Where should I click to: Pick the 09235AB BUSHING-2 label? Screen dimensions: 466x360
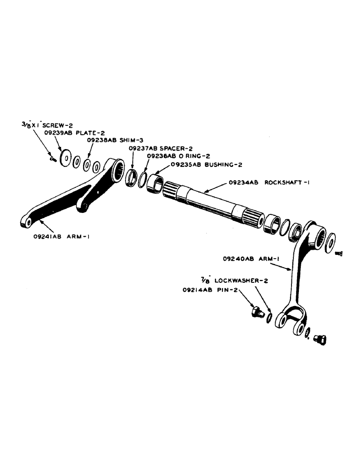(x=199, y=164)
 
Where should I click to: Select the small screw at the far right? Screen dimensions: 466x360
(x=339, y=253)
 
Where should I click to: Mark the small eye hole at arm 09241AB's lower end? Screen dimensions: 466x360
(x=28, y=223)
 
